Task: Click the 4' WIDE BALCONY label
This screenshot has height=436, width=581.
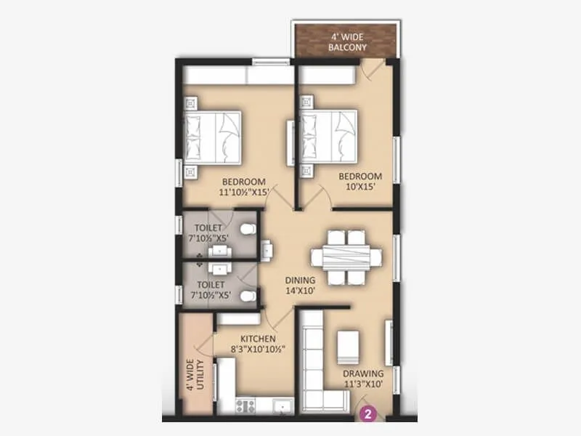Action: point(346,42)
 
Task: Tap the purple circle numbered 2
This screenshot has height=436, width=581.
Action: point(368,416)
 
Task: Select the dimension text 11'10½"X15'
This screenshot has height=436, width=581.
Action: point(245,193)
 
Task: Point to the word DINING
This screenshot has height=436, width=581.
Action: point(300,280)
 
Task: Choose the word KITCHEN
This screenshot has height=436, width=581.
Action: point(257,339)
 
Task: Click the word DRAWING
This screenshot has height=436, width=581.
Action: point(363,374)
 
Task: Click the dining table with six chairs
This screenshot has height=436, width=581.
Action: point(346,258)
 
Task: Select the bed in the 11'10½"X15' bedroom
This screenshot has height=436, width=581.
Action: point(212,137)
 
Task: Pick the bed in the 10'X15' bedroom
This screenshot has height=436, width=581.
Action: point(330,136)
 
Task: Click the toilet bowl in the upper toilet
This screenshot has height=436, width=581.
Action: point(249,230)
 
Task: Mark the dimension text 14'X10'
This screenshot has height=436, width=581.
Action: point(300,292)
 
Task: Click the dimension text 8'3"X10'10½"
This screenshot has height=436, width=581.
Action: point(257,350)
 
